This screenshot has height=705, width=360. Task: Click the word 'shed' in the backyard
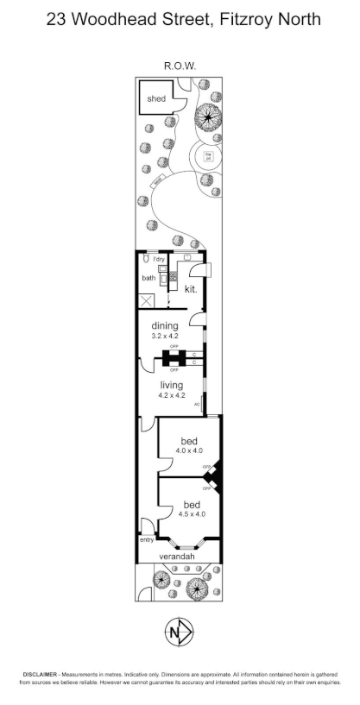tap(155, 99)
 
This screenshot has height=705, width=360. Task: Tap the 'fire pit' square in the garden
tap(208, 156)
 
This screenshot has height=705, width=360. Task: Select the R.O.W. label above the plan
tap(179, 65)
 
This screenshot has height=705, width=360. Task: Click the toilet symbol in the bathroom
tap(147, 257)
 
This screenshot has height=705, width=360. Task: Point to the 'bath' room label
tap(148, 278)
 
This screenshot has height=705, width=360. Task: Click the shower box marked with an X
tap(148, 301)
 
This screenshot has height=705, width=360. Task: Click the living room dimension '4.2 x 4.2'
tap(173, 395)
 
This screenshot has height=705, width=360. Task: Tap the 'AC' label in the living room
tap(197, 404)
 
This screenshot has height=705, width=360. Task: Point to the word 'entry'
tap(146, 540)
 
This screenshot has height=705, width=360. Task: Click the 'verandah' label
tap(178, 557)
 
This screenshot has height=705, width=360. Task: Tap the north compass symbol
tap(179, 633)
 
